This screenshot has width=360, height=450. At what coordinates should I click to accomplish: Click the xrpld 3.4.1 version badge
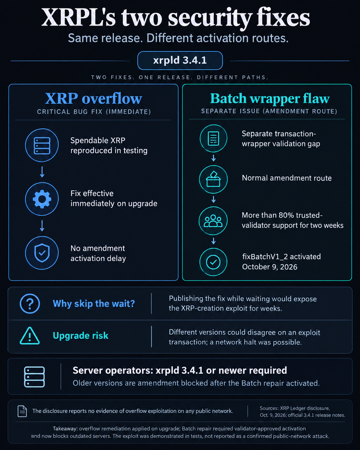coord(180,60)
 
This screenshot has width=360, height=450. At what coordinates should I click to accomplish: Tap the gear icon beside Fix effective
coord(42,199)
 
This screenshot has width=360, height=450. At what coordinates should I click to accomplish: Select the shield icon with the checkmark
coord(42,253)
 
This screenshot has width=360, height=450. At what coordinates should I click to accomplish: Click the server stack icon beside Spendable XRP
coord(42,145)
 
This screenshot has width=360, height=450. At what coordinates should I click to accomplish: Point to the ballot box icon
coord(213,179)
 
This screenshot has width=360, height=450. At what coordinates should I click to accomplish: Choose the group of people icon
coord(213,221)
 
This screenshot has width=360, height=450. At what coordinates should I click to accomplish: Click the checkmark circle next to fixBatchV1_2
coord(213,262)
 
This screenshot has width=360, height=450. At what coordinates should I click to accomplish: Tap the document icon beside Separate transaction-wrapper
coord(213,138)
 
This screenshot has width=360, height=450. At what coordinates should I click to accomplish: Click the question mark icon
coord(30,303)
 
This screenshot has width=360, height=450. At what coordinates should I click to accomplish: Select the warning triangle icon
coord(30,336)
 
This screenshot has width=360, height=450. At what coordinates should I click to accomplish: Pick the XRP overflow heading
coord(94,99)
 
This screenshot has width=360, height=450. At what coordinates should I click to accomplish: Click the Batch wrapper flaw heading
coord(270,99)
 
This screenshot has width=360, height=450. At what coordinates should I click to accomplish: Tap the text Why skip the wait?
coord(94,304)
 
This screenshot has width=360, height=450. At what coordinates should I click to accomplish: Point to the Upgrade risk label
coord(81,336)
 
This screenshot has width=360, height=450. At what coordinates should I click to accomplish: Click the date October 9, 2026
coord(270,267)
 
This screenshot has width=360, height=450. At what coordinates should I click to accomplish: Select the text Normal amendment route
coord(287,178)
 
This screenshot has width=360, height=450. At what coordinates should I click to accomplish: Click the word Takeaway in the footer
coord(65,429)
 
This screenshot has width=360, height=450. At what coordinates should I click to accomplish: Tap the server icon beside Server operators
coord(35,377)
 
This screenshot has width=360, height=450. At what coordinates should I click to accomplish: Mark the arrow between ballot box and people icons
coord(213,200)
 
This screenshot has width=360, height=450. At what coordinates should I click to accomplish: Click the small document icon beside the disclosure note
coord(22,411)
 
